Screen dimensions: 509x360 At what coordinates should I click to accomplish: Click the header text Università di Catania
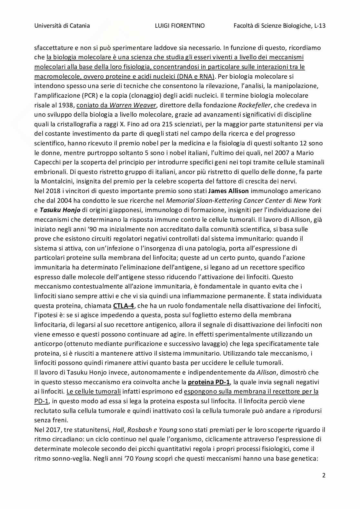pos(62,26)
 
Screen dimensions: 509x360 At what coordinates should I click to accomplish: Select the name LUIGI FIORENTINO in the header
pos(180,26)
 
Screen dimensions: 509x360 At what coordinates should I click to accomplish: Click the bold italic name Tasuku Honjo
pos(60,210)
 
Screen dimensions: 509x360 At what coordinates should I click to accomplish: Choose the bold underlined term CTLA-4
pos(124,306)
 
